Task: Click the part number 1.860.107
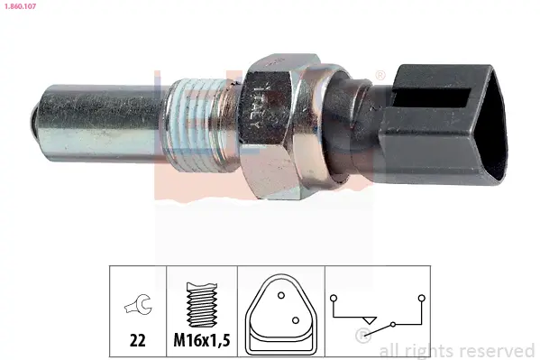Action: pos(20,6)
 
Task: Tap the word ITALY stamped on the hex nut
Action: pos(256,107)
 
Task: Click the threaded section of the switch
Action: pos(200,122)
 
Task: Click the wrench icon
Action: pos(138,304)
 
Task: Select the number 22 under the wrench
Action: pos(138,341)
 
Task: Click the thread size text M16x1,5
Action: pos(201,341)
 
